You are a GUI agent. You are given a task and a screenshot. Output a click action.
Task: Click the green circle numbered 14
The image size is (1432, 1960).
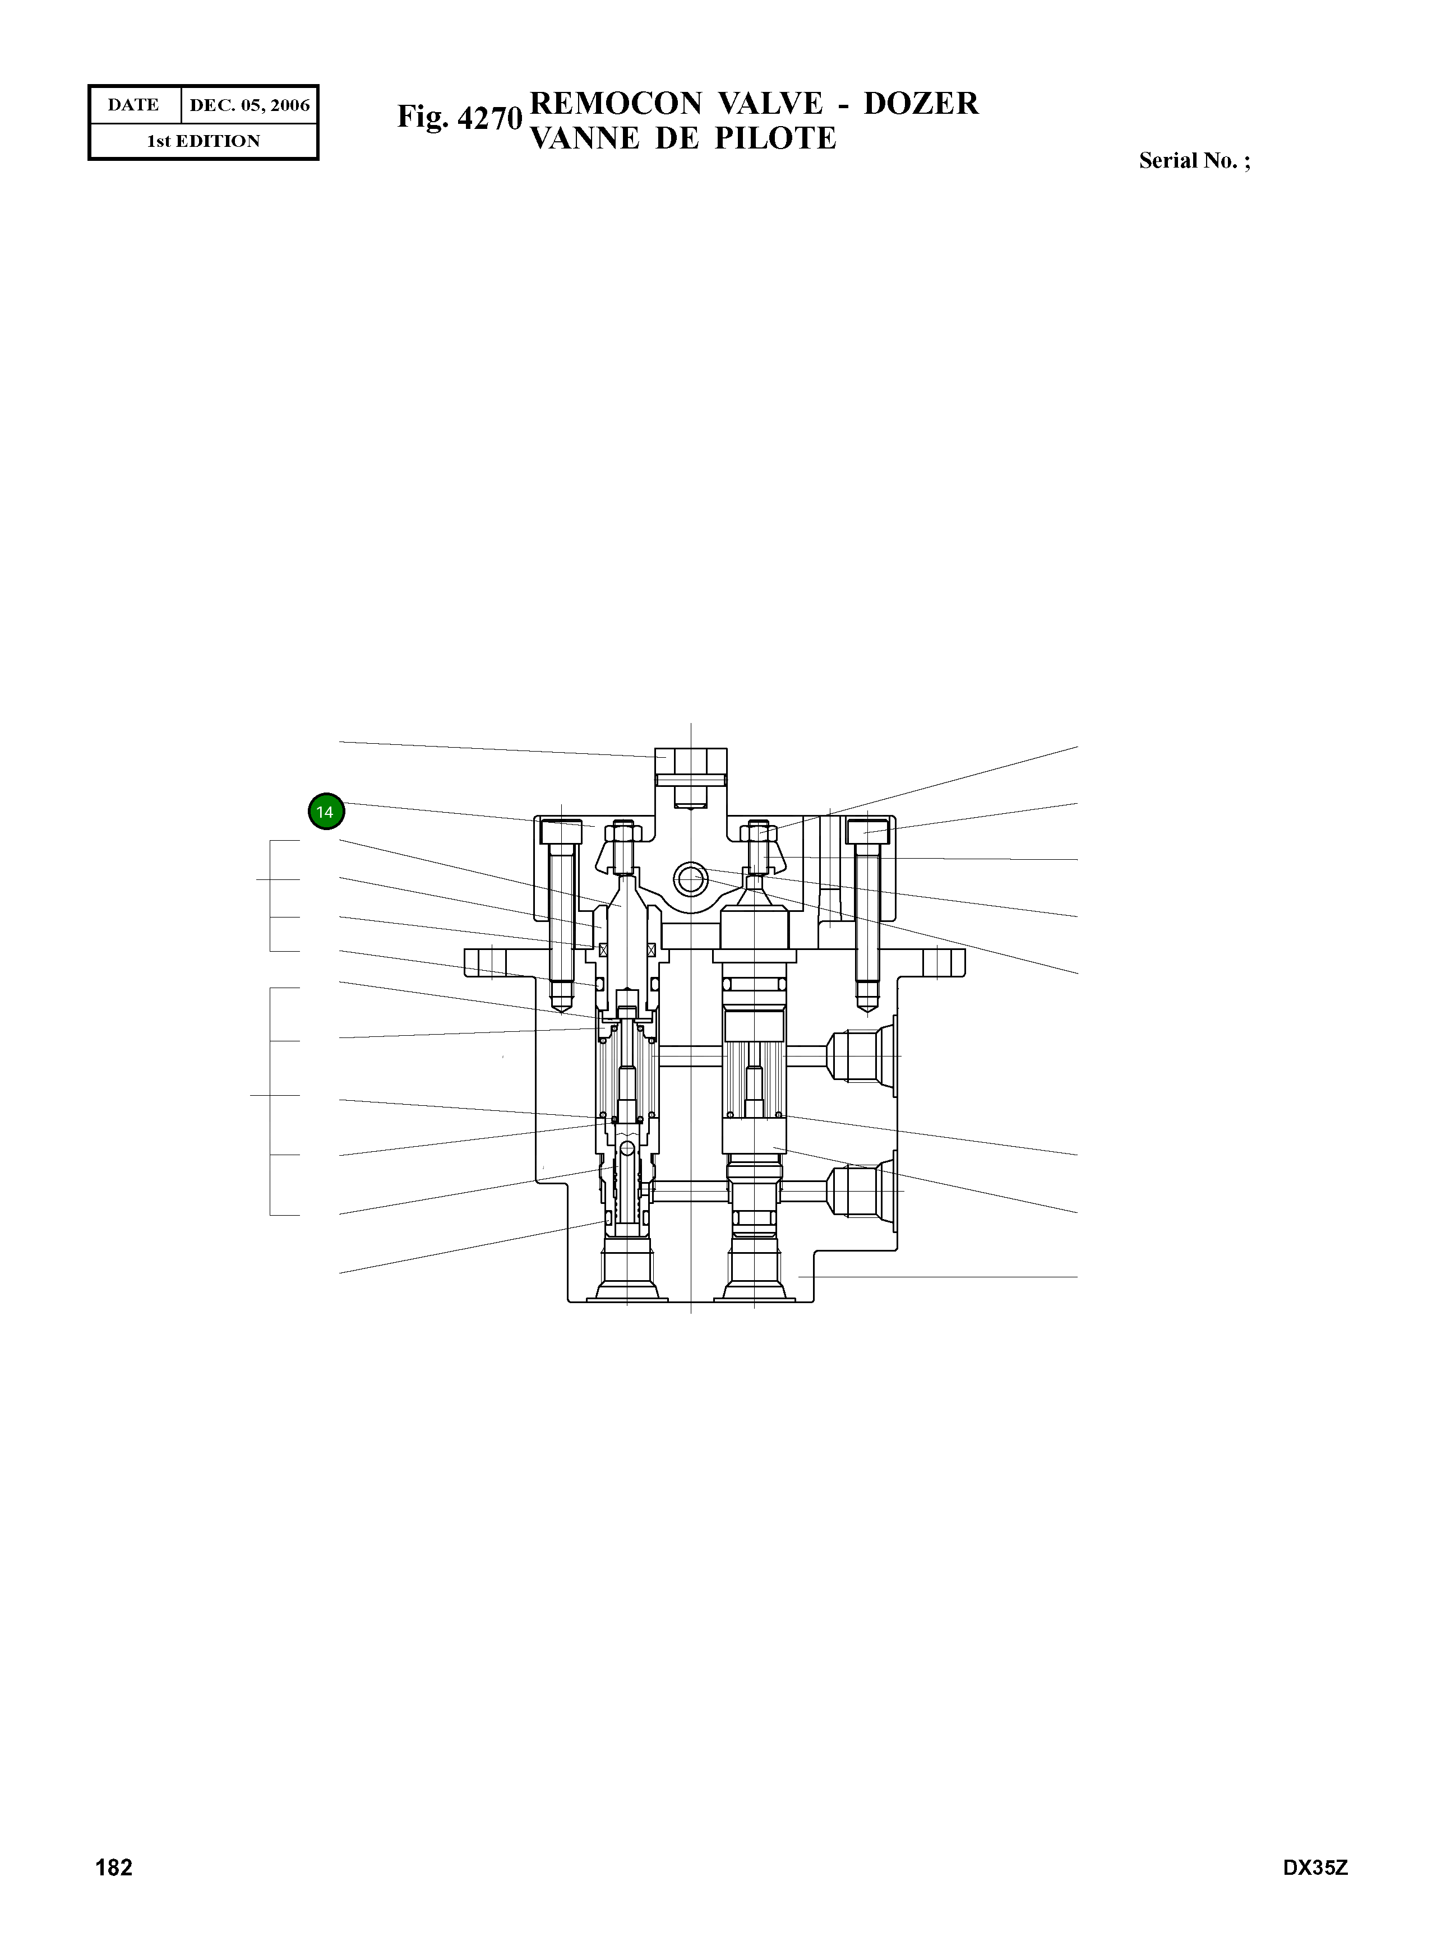click(x=326, y=812)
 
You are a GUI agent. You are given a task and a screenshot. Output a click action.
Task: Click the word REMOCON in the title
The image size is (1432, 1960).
click(x=616, y=104)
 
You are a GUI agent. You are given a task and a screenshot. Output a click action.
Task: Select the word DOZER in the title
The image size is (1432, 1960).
click(x=921, y=104)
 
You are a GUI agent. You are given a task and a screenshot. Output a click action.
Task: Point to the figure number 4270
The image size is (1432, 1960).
click(x=489, y=118)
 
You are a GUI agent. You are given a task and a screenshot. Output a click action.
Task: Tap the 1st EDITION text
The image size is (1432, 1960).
click(x=204, y=141)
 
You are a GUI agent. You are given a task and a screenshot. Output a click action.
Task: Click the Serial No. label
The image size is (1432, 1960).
click(x=1194, y=161)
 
